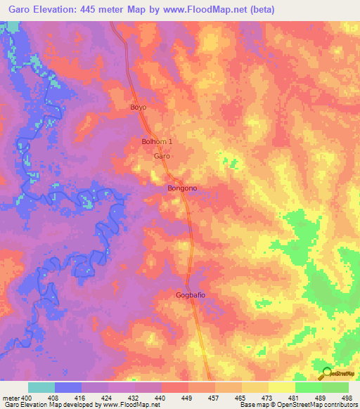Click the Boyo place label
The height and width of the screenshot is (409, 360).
(x=138, y=108)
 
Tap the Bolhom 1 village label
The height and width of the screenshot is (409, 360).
(x=157, y=142)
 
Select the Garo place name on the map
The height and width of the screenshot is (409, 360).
(x=162, y=157)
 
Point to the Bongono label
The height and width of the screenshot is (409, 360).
(x=181, y=188)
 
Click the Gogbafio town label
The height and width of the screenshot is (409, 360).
(x=191, y=296)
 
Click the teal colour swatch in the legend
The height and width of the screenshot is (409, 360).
(x=41, y=387)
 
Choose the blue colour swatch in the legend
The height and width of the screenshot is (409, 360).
(x=68, y=387)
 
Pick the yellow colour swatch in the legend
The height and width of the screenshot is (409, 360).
(x=281, y=387)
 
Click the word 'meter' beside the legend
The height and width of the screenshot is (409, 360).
(x=8, y=398)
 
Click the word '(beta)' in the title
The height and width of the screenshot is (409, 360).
(x=259, y=10)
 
